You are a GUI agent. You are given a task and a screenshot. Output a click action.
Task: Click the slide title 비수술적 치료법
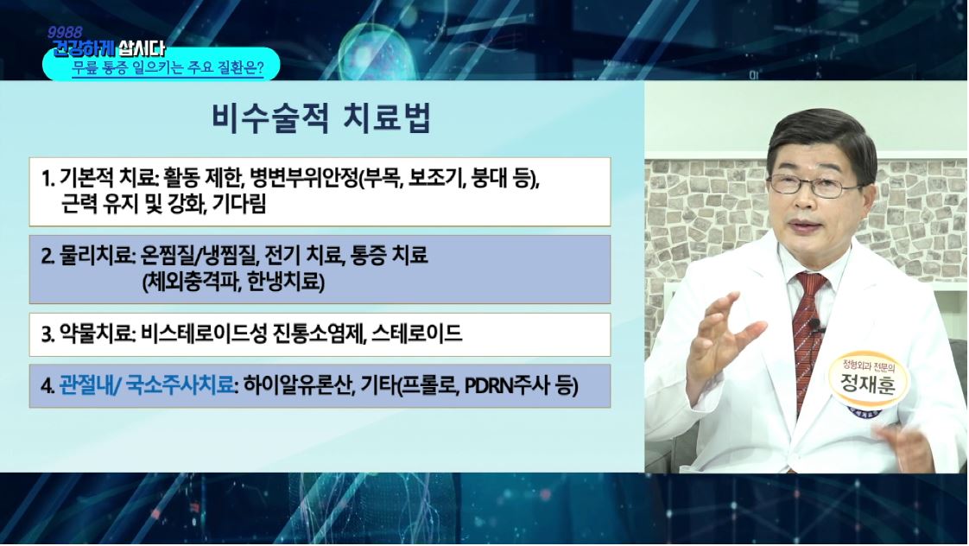[320, 118]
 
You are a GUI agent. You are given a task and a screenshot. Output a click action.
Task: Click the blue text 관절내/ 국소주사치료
[147, 386]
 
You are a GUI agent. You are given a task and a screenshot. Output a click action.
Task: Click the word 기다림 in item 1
[239, 203]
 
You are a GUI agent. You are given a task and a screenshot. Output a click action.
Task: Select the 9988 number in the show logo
[64, 32]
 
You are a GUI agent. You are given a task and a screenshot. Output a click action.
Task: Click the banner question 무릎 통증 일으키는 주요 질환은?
[168, 67]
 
